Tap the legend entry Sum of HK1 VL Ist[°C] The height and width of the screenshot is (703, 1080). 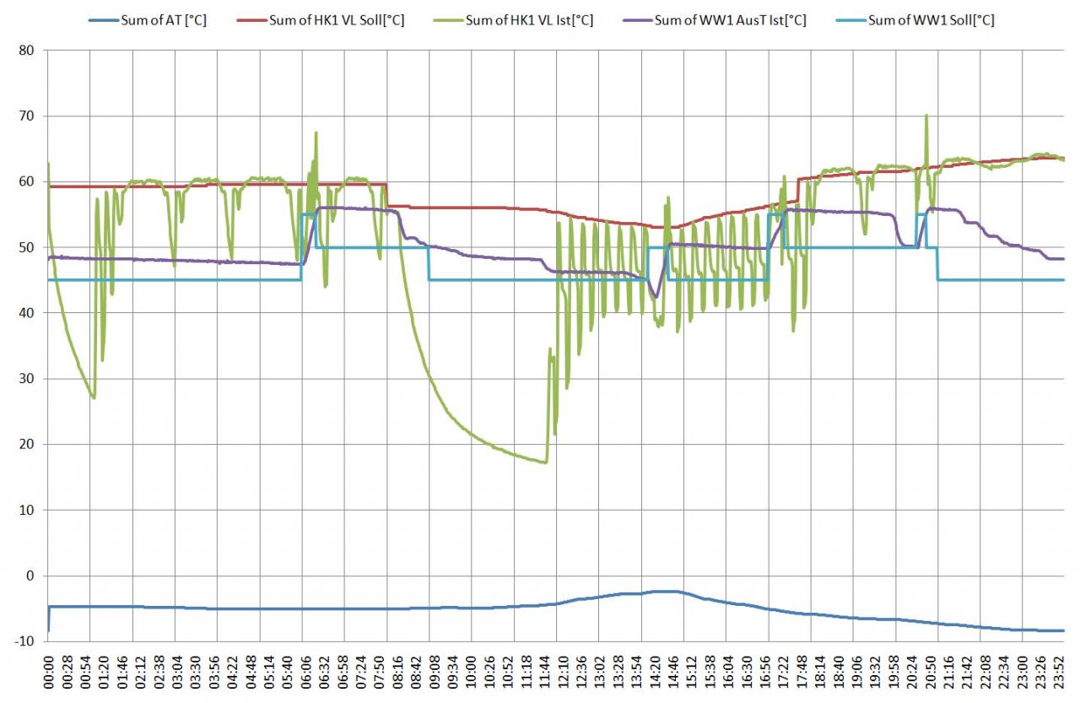click(x=530, y=20)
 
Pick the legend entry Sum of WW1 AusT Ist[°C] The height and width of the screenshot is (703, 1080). click(x=730, y=20)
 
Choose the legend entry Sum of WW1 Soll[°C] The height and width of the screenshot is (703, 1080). click(x=931, y=20)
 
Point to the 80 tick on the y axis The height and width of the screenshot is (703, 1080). click(x=26, y=51)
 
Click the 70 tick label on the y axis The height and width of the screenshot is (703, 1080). click(x=26, y=116)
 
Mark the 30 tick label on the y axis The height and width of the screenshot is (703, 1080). click(x=26, y=379)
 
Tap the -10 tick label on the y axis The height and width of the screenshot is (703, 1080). click(x=23, y=641)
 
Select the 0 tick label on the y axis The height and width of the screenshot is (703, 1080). click(x=30, y=576)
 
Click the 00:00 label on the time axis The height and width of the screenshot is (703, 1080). click(x=47, y=672)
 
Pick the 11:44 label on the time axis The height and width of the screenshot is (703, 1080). click(x=557, y=672)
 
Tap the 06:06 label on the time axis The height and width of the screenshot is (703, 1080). click(x=302, y=672)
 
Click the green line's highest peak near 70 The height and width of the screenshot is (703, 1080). click(x=926, y=116)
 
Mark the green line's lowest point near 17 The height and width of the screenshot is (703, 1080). click(x=546, y=462)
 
